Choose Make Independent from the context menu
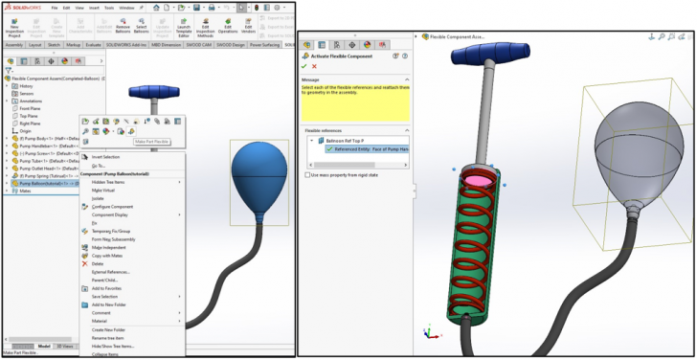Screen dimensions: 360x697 pos(107,247)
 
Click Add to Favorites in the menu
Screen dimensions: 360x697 pos(107,287)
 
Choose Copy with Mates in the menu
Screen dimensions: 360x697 pos(107,256)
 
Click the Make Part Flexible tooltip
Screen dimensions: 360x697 pos(151,142)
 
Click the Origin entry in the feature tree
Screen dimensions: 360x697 pos(28,131)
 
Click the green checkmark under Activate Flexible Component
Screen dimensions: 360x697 pos(304,66)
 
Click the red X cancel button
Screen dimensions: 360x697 pos(314,66)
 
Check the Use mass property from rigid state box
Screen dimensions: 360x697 pos(307,175)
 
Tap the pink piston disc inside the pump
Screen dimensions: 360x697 pos(475,178)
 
